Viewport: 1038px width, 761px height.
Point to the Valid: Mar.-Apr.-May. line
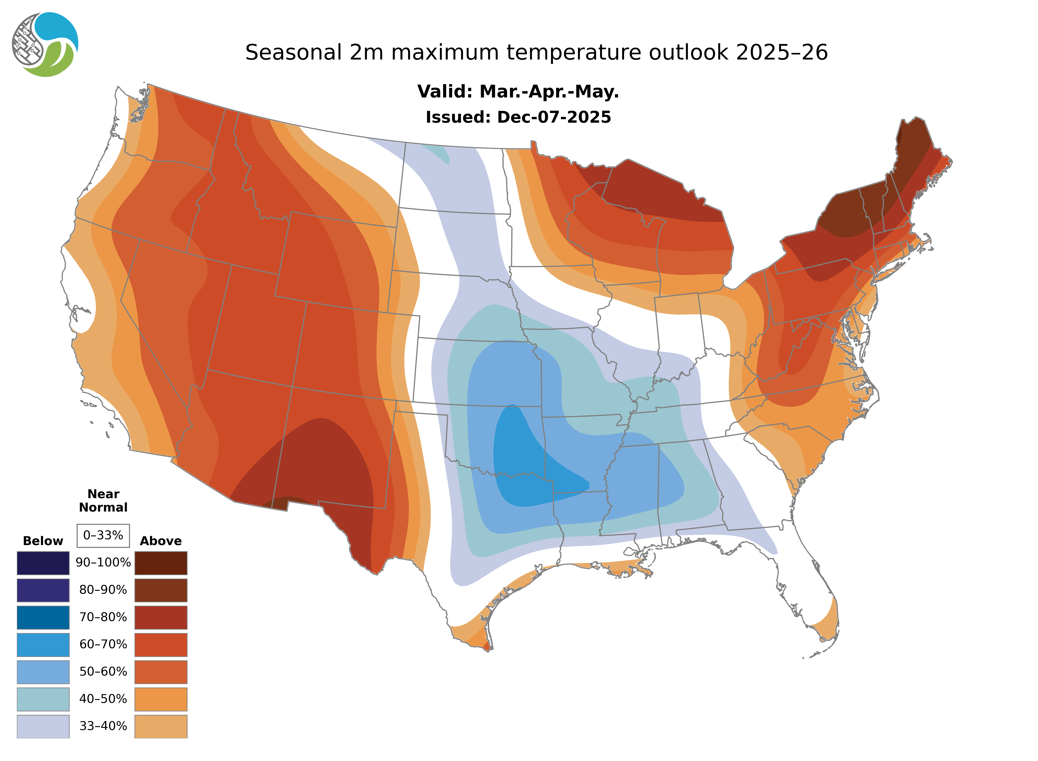(x=518, y=92)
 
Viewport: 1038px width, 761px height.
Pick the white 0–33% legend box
(x=103, y=535)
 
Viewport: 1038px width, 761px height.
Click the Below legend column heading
(x=43, y=541)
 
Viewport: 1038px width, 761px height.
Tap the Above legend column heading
(x=161, y=541)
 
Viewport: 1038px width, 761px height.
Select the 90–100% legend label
(x=103, y=563)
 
